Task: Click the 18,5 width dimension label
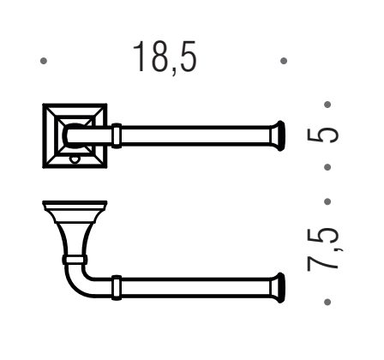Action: [165, 57]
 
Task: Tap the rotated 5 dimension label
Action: [322, 135]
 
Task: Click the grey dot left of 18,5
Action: [44, 61]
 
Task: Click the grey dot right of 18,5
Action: [284, 61]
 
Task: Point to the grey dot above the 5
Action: [327, 105]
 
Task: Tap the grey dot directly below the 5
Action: [327, 167]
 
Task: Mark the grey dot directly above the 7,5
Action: [327, 201]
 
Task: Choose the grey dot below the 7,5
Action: [327, 302]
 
